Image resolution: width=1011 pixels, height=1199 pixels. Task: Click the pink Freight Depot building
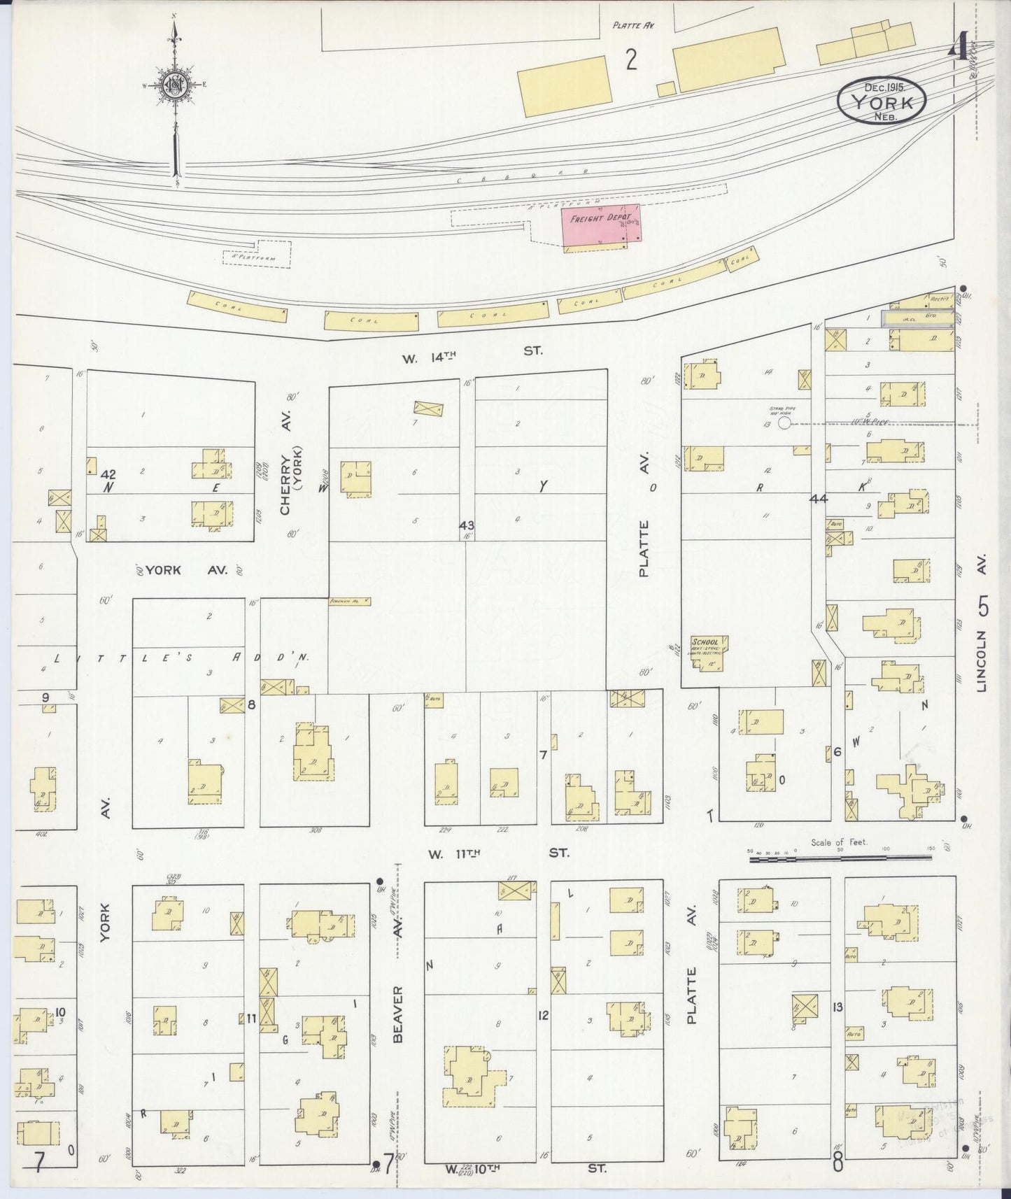601,225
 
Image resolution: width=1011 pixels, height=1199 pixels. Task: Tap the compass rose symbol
174,86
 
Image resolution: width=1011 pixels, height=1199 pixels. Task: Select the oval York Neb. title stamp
882,101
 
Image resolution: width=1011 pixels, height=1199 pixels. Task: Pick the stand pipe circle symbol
784,423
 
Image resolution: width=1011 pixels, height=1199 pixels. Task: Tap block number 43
467,525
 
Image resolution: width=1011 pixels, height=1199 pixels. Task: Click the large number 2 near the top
631,62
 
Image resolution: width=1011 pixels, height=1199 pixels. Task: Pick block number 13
837,1007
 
